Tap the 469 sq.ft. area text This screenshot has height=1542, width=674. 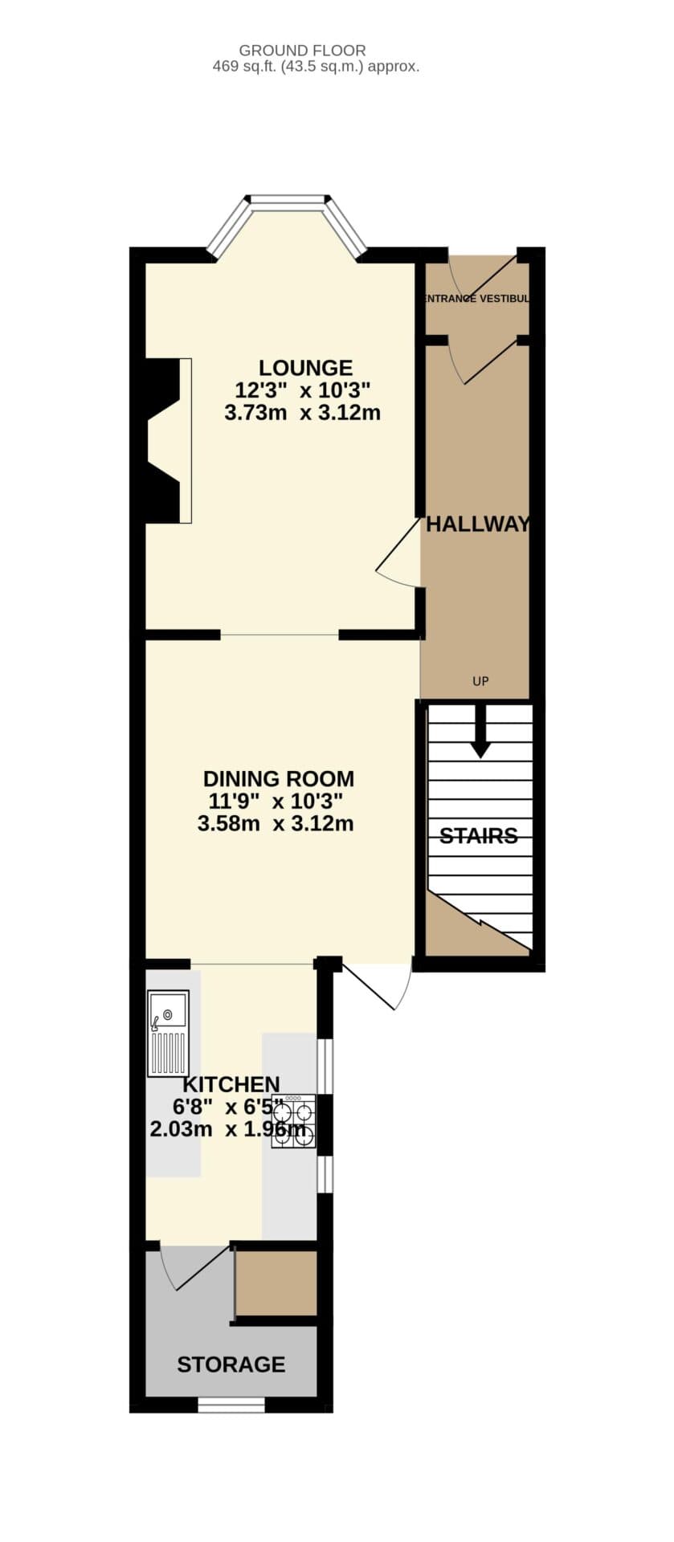tap(316, 67)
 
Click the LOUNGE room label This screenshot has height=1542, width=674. tap(305, 368)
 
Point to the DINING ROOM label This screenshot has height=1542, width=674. tap(278, 778)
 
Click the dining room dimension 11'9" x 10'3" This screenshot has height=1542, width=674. tap(276, 801)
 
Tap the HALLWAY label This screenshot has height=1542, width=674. tap(477, 524)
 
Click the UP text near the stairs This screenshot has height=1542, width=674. tap(480, 682)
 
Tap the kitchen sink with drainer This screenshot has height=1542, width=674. tap(168, 1033)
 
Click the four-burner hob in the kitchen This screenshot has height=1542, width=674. tap(293, 1121)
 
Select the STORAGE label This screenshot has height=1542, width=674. tap(231, 1365)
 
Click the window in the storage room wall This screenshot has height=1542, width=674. tap(231, 1405)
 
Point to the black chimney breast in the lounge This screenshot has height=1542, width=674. tap(161, 440)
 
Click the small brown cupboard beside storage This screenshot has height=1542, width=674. tap(276, 1283)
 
